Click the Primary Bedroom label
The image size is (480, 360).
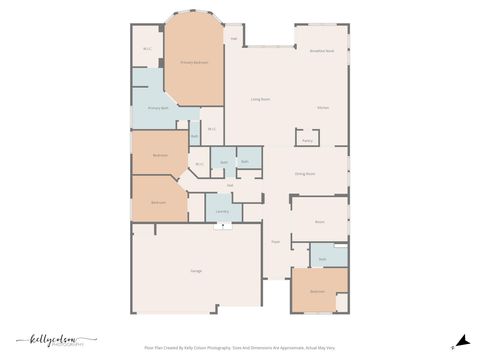pos(193,62)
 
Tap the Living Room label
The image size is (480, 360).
pos(261,100)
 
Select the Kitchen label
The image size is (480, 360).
pos(323,108)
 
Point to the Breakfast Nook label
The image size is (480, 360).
pos(322,50)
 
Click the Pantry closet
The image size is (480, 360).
pos(307,141)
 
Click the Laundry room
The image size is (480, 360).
pos(222,211)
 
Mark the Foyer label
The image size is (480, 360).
pos(275,241)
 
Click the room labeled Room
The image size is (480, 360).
pos(320,221)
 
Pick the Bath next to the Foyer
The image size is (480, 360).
pos(323,258)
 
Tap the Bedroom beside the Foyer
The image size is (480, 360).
pos(317,291)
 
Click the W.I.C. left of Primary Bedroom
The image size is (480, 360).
pos(147,47)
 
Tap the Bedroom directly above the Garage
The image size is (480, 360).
pos(158,203)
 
